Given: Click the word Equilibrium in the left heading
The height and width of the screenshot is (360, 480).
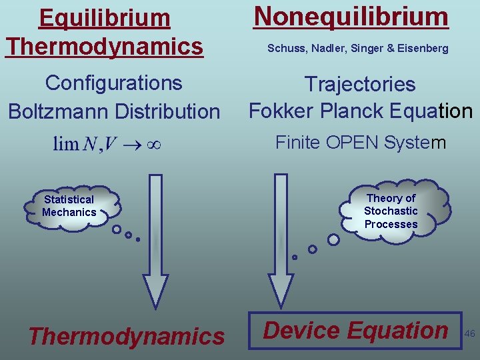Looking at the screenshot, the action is coord(105,18).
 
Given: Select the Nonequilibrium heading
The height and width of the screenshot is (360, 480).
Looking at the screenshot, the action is coord(351,17).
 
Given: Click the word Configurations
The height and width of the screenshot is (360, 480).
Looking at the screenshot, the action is coord(113,83).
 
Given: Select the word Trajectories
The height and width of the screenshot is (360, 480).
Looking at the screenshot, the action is coord(360,85).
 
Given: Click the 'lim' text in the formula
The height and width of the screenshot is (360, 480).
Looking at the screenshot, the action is coord(66,144).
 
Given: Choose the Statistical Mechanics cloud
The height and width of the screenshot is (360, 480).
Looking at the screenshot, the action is coord(69,207).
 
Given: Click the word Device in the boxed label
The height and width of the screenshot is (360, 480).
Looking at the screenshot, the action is coord(302,330).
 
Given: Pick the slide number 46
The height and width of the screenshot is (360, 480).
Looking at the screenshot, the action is coord(469,333).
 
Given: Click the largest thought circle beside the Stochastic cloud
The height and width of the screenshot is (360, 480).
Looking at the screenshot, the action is coord(333,239).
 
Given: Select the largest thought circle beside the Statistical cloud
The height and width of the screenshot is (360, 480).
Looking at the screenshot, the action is coord(117,230).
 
